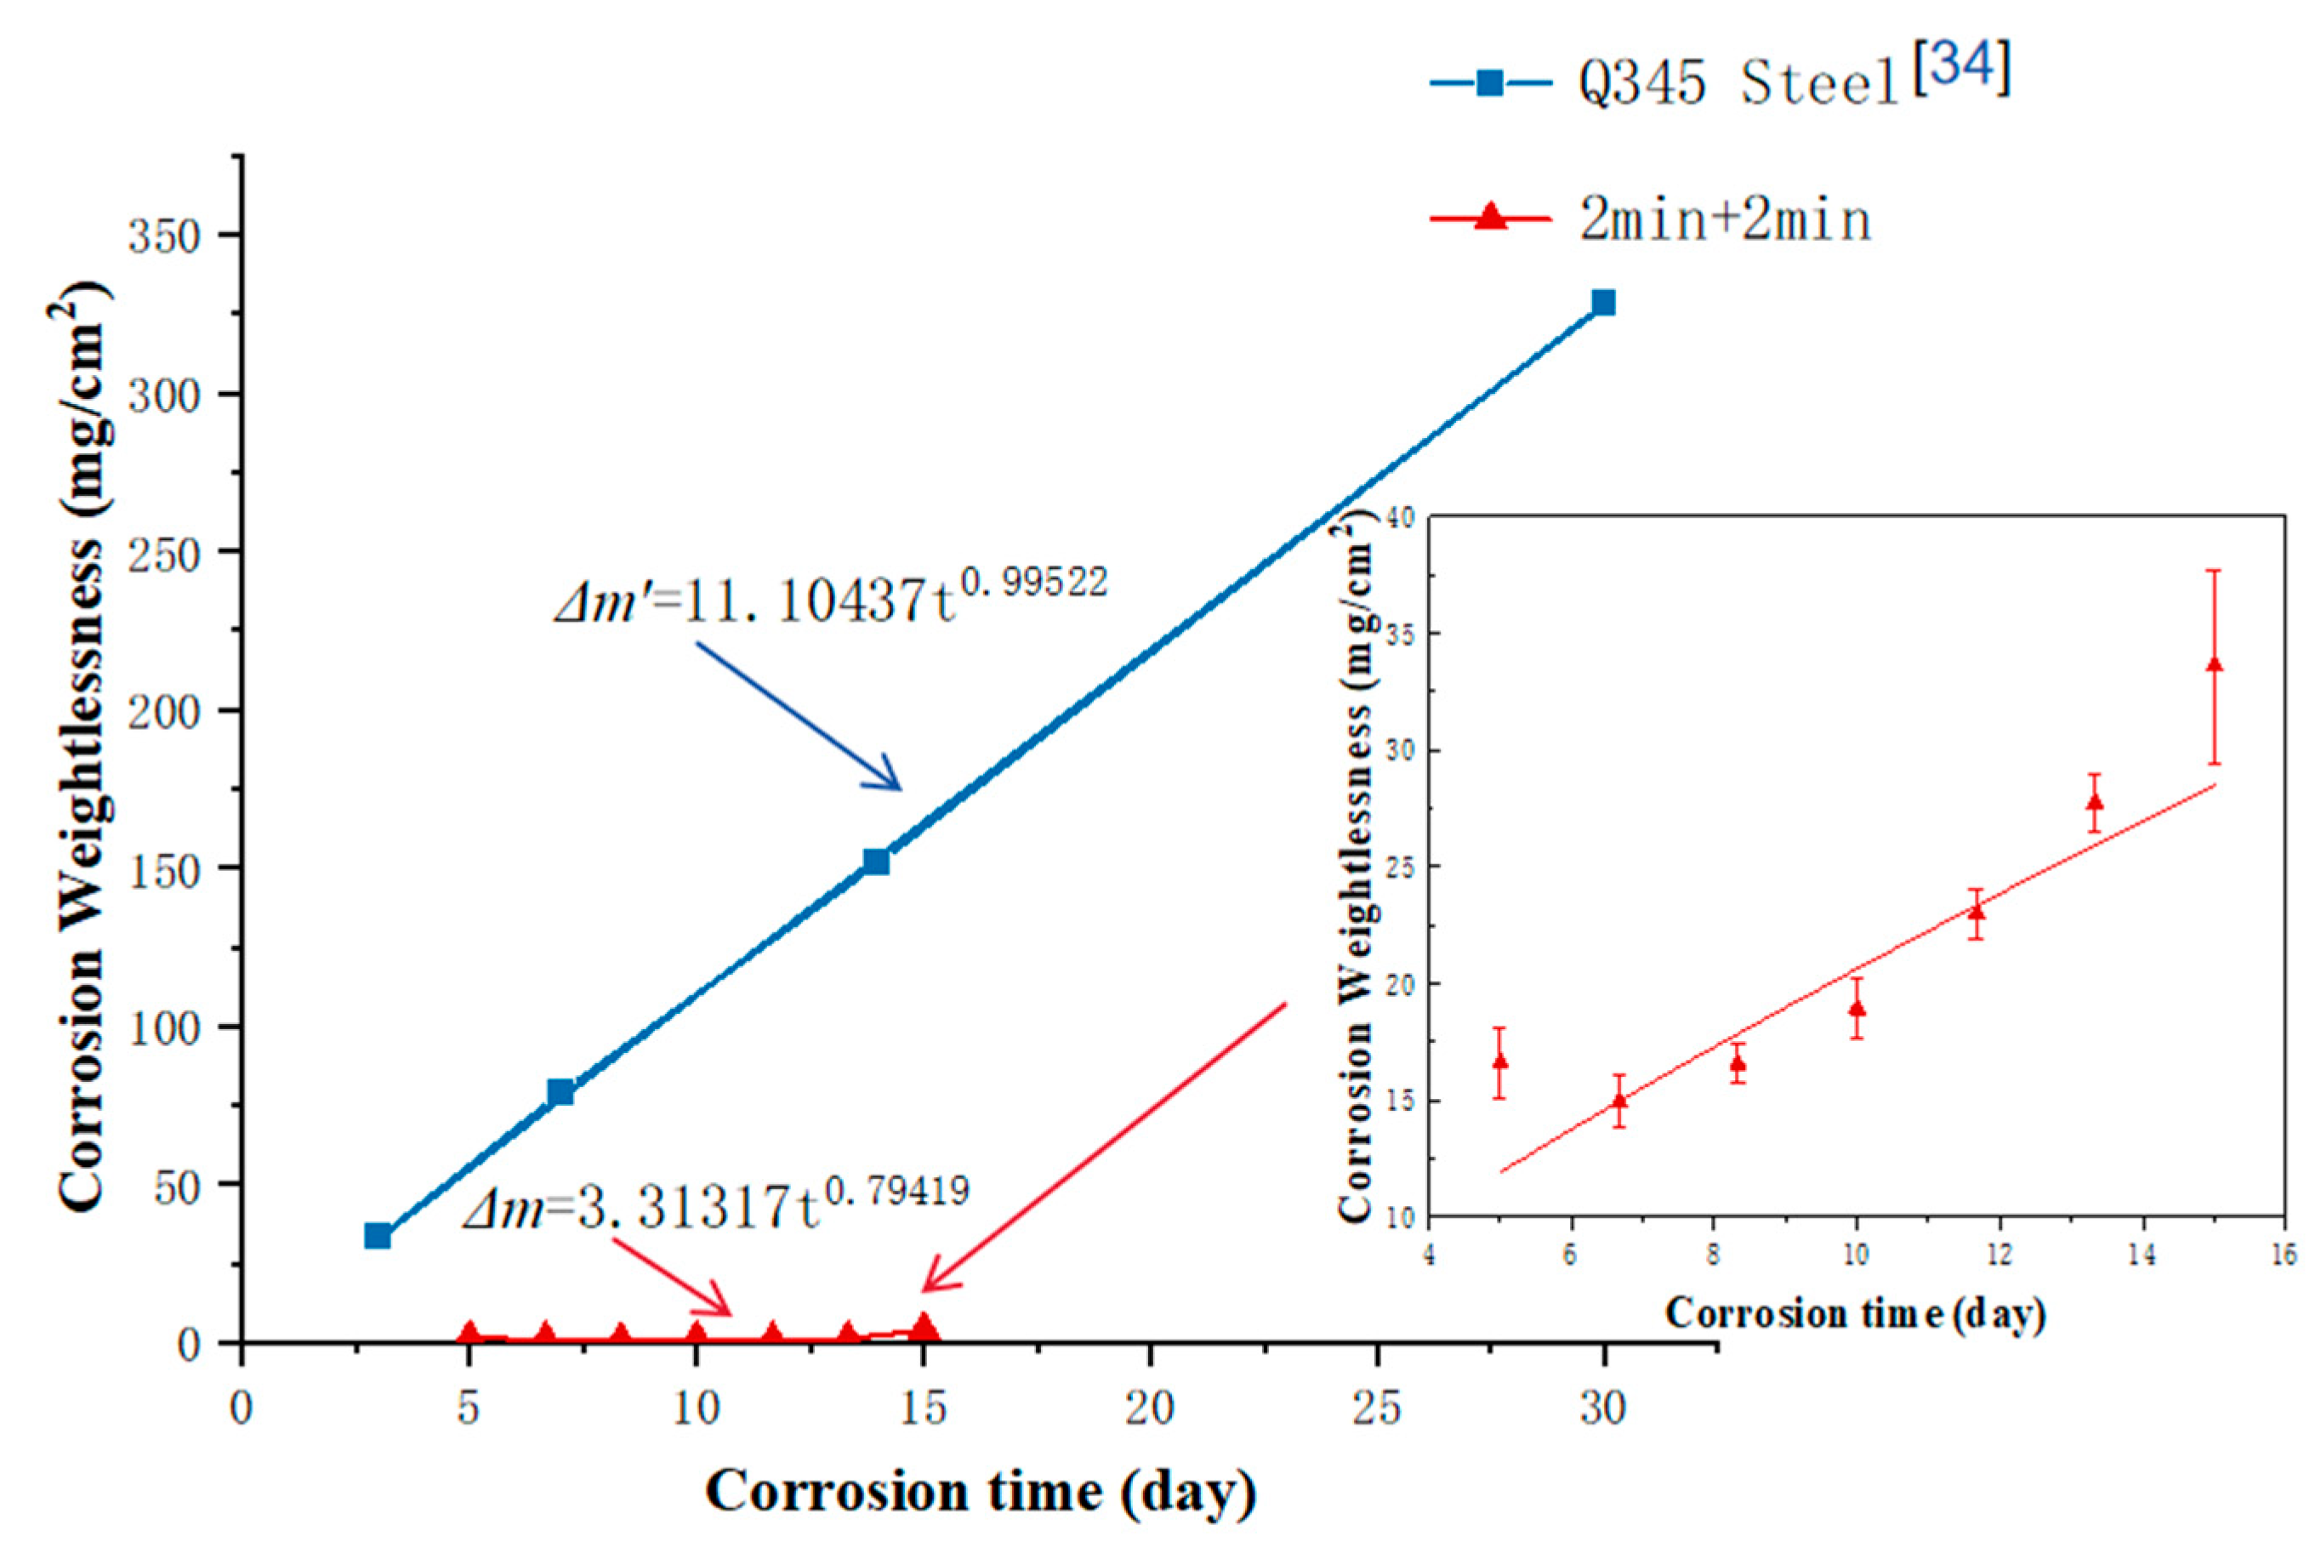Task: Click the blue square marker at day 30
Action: point(1603,302)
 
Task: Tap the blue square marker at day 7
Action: point(560,1092)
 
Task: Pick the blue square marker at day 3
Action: point(377,1235)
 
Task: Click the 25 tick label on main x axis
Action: point(1375,1408)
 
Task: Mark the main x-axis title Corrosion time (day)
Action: point(981,1491)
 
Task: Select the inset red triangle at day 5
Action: point(1499,1061)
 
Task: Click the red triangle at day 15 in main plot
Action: point(923,1327)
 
